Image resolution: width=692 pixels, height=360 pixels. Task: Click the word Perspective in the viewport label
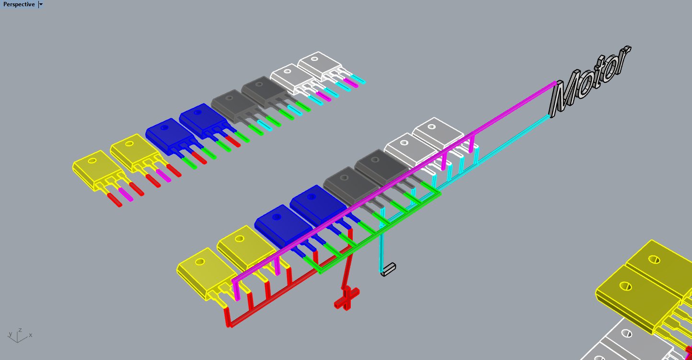pyautogui.click(x=19, y=4)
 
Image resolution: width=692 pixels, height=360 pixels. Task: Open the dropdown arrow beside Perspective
pyautogui.click(x=41, y=4)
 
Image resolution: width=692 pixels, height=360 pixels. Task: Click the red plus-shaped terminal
pyautogui.click(x=347, y=298)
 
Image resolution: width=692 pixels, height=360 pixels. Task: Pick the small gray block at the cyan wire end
pyautogui.click(x=388, y=269)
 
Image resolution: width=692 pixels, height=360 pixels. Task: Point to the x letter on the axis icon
pyautogui.click(x=31, y=335)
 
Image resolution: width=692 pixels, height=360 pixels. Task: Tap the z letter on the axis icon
pyautogui.click(x=20, y=330)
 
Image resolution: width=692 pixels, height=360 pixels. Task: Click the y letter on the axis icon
pyautogui.click(x=10, y=334)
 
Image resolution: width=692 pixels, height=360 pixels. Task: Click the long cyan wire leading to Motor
pyautogui.click(x=513, y=140)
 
